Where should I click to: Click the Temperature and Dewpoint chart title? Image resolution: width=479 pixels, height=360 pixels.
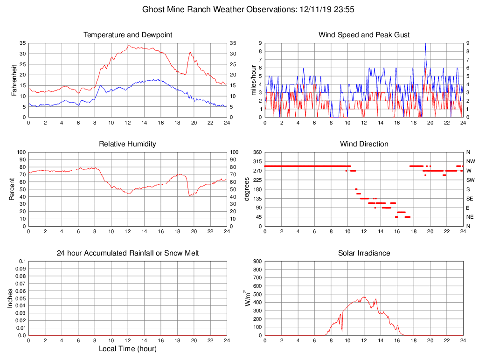pos(127,35)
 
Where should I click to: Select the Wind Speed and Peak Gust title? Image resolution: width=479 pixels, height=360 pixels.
pos(364,35)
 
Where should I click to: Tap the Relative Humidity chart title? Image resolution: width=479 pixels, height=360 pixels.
pos(127,144)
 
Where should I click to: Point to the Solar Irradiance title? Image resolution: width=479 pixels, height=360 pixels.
pos(364,253)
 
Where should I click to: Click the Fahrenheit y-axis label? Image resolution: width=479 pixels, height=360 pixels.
pos(14,80)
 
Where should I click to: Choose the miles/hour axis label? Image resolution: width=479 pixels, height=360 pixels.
pos(254,80)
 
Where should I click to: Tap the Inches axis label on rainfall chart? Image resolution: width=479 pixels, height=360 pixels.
pos(11,298)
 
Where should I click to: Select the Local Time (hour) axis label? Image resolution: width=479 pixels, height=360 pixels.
pos(127,349)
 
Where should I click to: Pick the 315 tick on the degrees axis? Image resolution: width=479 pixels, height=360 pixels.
pos(257,161)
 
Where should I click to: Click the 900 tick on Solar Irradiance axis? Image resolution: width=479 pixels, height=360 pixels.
pos(257,261)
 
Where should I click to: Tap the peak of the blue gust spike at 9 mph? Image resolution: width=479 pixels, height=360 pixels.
pos(425,43)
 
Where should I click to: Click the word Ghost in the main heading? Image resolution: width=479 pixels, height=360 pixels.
pos(153,9)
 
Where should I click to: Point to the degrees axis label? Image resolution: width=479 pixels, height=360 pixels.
pos(247,189)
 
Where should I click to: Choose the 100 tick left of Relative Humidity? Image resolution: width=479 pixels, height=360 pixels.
pos(21,152)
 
